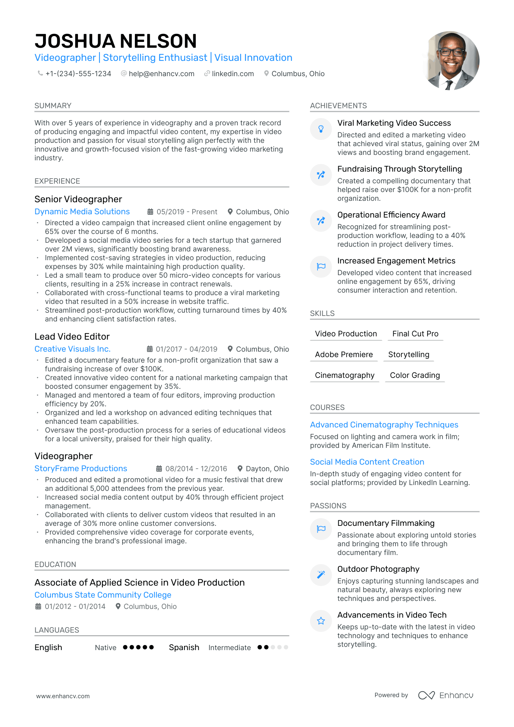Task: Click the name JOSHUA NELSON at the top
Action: pos(116,41)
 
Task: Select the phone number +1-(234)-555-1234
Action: pos(78,74)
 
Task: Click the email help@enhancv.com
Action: pos(161,74)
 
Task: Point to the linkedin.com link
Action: pos(233,74)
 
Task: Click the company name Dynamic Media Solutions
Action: pos(82,212)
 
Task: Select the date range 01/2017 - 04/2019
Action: pos(186,349)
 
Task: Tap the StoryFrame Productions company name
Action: pos(81,469)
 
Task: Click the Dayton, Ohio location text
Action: pos(267,469)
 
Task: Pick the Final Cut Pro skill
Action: pos(415,334)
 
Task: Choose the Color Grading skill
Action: pos(415,375)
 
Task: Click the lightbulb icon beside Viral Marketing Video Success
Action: pos(321,129)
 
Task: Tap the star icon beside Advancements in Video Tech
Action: pos(321,621)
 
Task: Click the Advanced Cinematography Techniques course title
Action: pos(384,425)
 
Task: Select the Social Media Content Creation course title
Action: pos(367,462)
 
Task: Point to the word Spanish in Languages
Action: pos(184,648)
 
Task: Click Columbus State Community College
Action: pos(103,595)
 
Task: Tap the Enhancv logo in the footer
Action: pos(445,695)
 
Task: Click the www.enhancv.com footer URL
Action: pos(63,696)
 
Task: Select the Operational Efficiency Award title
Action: pos(391,215)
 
